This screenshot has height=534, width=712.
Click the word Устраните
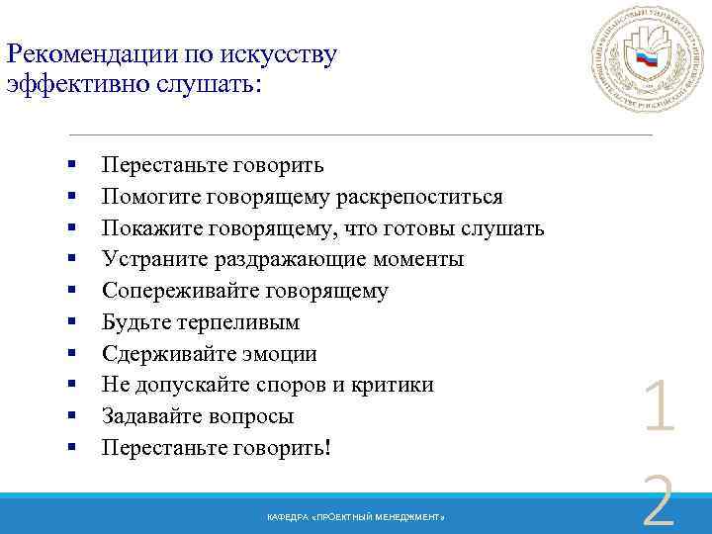[152, 260]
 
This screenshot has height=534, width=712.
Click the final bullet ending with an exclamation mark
[218, 448]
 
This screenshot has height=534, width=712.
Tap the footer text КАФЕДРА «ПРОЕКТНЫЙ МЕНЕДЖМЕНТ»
[356, 519]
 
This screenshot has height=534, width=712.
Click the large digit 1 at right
[658, 409]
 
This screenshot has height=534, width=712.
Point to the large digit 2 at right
[658, 501]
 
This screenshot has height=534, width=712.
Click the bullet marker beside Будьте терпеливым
[73, 323]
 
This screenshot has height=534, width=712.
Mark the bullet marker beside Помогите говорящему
[73, 198]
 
